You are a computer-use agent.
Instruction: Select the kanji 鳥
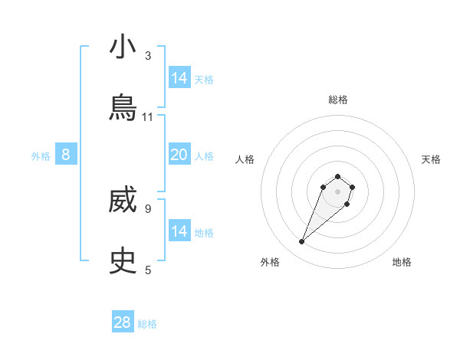coord(123,106)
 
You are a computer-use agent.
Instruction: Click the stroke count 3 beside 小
coord(148,56)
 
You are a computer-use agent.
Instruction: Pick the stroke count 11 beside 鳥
coord(148,116)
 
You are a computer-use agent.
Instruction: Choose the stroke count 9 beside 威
coord(148,208)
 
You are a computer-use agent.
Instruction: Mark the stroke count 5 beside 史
coord(148,270)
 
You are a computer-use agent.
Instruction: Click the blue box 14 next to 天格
coord(179,78)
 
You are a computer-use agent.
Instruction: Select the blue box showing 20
coord(179,155)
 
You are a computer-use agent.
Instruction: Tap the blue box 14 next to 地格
coord(179,231)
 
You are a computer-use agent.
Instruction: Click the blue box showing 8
coord(66,155)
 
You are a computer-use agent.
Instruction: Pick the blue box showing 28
coord(123,322)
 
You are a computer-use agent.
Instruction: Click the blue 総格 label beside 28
coord(147,325)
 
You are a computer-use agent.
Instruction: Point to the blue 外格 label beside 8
coord(41,156)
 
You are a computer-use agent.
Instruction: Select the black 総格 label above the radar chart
coord(337,100)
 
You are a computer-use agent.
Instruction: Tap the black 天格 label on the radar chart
coord(431,159)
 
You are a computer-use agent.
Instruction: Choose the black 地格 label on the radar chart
coord(402,262)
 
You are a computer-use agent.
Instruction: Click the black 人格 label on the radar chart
coord(245,159)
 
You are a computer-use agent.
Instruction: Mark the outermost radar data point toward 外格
coord(302,242)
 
